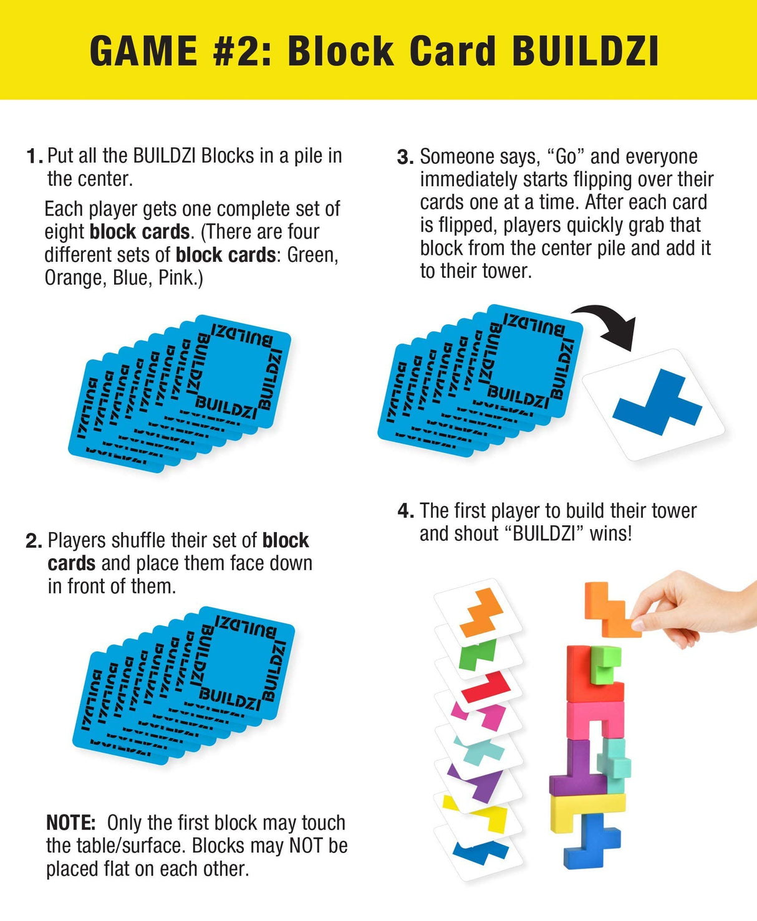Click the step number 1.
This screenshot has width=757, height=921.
click(34, 156)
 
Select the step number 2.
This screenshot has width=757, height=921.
click(33, 541)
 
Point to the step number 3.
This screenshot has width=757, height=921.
click(405, 157)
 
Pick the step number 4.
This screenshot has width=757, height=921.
click(405, 512)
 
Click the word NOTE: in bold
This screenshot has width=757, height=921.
click(70, 823)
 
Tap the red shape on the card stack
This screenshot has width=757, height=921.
click(488, 688)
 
